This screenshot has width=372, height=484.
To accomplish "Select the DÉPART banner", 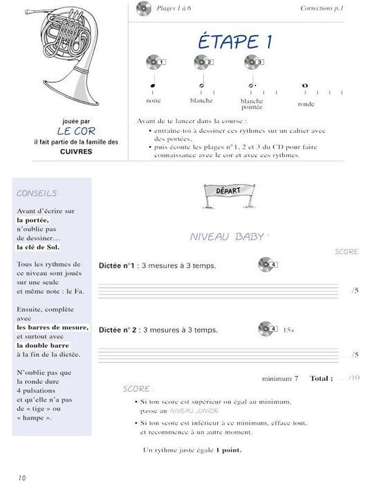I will pos(223,192).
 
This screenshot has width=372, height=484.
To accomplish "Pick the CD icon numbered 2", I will pos(201,62).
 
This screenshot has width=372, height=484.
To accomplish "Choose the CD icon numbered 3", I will pos(252,62).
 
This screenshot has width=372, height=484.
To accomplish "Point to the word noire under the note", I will pos(154,100).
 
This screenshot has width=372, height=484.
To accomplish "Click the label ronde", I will pos(306,104).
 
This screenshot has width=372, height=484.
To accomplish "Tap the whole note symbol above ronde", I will pos(305,86).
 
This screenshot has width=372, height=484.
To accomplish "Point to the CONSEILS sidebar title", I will pos(36,194).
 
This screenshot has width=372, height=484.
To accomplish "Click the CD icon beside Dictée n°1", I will pos(267,264).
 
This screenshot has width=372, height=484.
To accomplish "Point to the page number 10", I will pos(22,477).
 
